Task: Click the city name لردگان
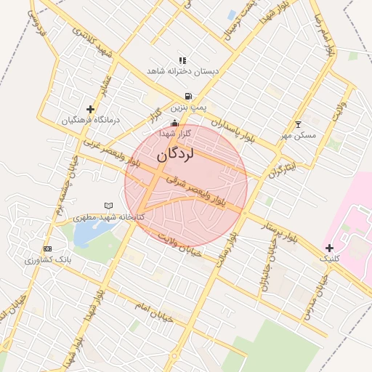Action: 177,154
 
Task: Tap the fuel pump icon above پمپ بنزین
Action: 189,96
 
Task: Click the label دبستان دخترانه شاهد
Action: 182,71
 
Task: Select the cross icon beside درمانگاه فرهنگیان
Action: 90,109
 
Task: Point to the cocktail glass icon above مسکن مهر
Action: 298,124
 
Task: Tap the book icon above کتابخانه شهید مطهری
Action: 109,206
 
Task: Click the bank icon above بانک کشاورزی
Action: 48,248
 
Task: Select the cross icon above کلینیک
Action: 329,248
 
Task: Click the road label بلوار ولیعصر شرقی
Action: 206,191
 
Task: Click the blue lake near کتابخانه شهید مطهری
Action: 88,232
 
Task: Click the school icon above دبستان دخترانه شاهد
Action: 182,61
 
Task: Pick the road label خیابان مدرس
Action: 320,291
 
